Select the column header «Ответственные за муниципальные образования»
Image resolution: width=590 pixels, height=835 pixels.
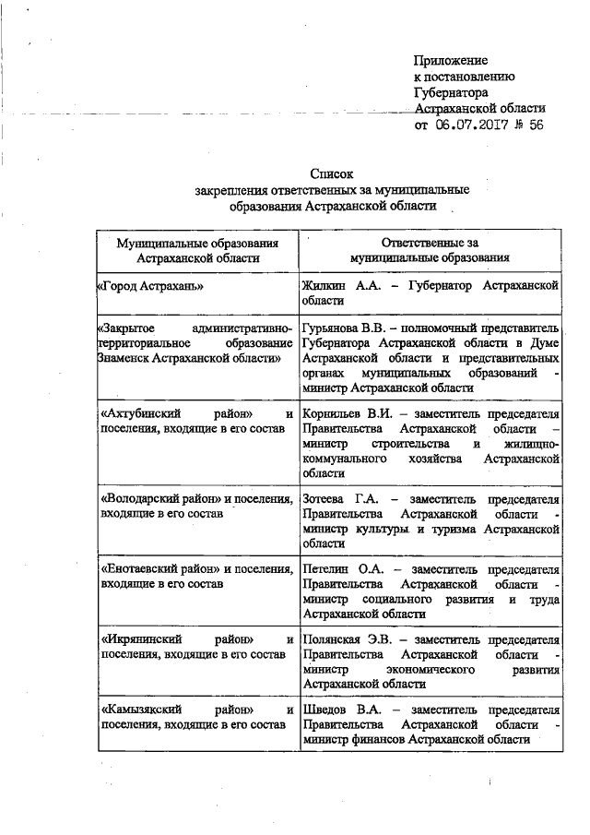(x=431, y=250)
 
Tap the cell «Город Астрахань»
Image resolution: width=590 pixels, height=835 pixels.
(x=149, y=288)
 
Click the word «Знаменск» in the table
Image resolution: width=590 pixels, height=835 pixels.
(x=129, y=357)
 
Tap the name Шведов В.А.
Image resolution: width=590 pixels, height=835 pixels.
(x=336, y=710)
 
